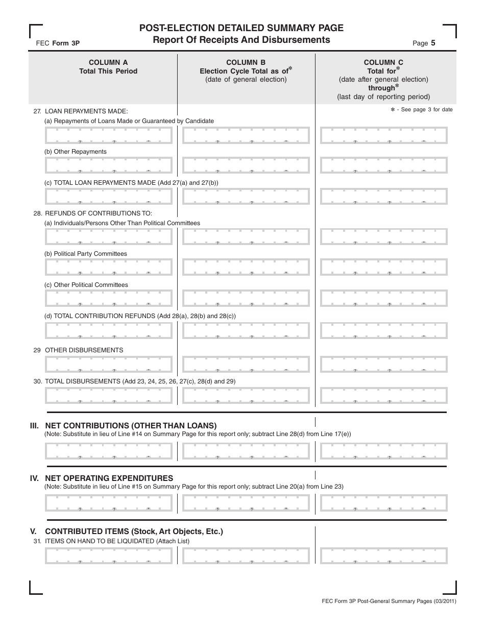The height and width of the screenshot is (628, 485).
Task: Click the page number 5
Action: tap(433, 43)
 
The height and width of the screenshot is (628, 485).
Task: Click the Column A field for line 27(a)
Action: tap(109, 135)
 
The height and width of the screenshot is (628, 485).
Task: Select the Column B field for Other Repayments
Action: tap(246, 165)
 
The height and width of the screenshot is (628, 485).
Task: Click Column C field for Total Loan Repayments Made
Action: tap(384, 197)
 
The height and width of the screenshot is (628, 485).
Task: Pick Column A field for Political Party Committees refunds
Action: tap(109, 268)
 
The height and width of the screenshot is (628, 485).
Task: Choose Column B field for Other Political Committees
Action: tap(246, 299)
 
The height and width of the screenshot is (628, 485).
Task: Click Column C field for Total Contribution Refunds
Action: tap(384, 331)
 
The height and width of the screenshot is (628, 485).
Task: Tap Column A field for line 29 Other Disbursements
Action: tap(109, 364)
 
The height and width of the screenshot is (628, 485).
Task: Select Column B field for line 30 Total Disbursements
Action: tap(246, 395)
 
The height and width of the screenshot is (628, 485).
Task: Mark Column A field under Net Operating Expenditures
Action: tap(109, 503)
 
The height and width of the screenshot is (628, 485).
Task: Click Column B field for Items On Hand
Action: tap(246, 555)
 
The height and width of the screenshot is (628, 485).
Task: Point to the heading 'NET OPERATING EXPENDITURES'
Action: tap(109, 478)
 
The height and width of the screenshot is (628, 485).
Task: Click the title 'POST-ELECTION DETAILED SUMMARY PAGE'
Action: tap(241, 28)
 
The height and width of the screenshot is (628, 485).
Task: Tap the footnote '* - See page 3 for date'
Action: tap(421, 110)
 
